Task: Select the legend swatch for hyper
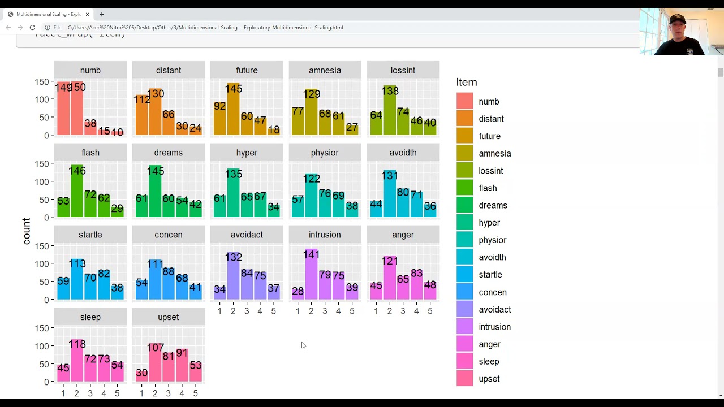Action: pos(464,223)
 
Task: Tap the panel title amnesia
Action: pos(325,70)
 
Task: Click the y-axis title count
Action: pos(26,231)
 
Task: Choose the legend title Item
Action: pos(467,83)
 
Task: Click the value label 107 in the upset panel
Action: pos(155,348)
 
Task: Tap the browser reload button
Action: pos(32,27)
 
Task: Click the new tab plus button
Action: pos(102,14)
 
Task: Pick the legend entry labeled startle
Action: pos(490,275)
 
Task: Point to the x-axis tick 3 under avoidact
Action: pos(247,311)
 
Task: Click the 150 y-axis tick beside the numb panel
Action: pos(41,82)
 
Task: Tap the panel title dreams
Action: pos(169,153)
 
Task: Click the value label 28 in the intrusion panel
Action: pos(298,291)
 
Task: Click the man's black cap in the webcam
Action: pos(676,20)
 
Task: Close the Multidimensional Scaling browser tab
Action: pos(87,14)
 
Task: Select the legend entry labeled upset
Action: pos(489,379)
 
